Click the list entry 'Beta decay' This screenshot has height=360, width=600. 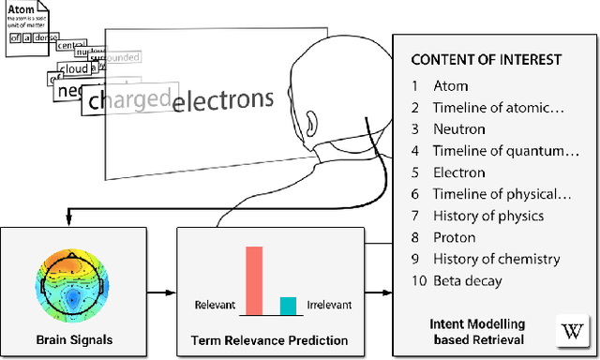tap(468, 280)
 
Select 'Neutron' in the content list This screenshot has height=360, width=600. tap(458, 128)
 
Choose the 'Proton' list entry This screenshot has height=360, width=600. tap(455, 237)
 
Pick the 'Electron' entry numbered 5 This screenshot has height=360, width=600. tap(458, 172)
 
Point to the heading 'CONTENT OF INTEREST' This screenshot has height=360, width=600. tap(487, 59)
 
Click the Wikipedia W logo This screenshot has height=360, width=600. tap(571, 331)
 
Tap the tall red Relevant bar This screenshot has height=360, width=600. tap(253, 279)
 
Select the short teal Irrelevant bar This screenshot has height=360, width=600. tap(288, 305)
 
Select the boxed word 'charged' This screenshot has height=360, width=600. tap(128, 99)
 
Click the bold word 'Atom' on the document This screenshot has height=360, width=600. tap(24, 13)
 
